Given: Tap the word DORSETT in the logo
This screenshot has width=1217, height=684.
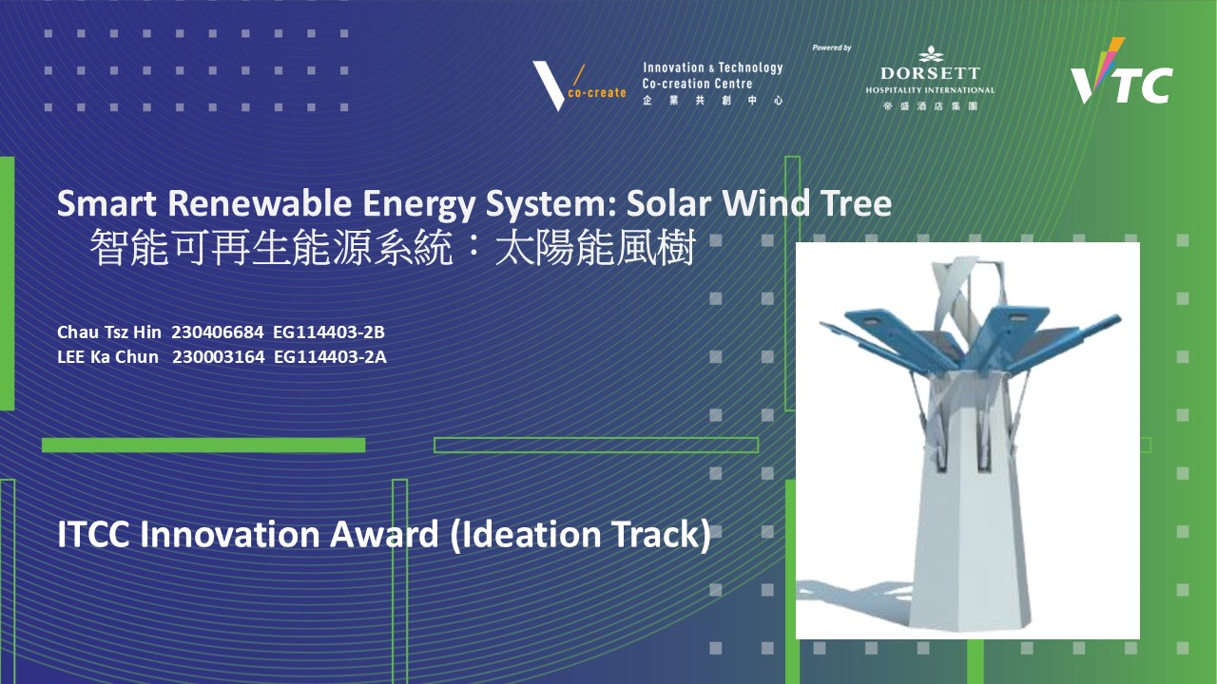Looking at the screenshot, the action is pyautogui.click(x=930, y=73).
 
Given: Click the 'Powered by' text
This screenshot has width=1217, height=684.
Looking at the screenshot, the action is pyautogui.click(x=831, y=47).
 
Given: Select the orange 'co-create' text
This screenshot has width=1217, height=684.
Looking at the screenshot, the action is pyautogui.click(x=597, y=93).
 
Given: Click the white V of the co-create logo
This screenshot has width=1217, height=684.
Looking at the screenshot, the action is pyautogui.click(x=550, y=85).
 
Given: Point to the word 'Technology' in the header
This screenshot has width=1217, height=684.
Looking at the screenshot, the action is pyautogui.click(x=750, y=67).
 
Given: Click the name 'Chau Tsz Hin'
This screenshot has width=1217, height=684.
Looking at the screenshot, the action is pyautogui.click(x=109, y=332).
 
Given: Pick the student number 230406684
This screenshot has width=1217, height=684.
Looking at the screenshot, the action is pyautogui.click(x=218, y=332).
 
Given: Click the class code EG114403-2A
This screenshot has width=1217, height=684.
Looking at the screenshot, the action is pyautogui.click(x=330, y=356).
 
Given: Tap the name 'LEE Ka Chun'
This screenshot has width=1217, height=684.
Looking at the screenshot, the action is pyautogui.click(x=107, y=356).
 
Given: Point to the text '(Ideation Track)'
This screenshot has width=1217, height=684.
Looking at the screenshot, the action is pyautogui.click(x=580, y=535).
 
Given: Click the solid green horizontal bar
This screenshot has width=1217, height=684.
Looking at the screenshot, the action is pyautogui.click(x=203, y=446).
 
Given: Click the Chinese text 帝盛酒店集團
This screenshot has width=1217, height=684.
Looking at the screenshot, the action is pyautogui.click(x=930, y=105).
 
